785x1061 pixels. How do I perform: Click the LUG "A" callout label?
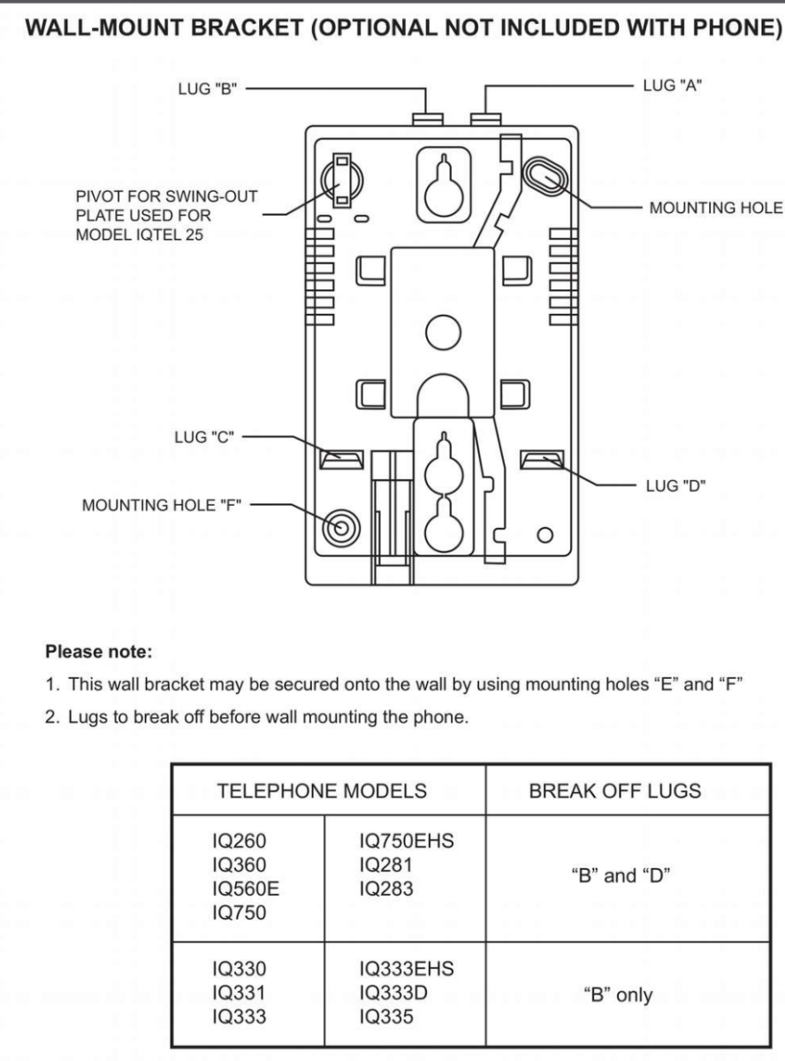click(673, 86)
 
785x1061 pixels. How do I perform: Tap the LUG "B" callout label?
click(208, 89)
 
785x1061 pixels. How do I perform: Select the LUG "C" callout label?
click(204, 437)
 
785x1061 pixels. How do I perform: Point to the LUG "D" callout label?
click(676, 486)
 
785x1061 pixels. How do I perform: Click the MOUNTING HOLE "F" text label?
click(162, 505)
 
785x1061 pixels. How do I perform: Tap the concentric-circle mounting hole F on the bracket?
click(340, 528)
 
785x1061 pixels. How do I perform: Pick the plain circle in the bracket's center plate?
click(444, 332)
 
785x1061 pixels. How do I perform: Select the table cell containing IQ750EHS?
click(405, 879)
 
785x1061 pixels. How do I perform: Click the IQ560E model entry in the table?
click(246, 889)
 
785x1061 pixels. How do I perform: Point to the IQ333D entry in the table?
click(393, 993)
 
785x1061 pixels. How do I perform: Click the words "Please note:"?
click(99, 652)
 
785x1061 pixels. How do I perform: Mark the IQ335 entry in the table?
click(386, 1017)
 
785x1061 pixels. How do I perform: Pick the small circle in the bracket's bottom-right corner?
click(545, 535)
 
